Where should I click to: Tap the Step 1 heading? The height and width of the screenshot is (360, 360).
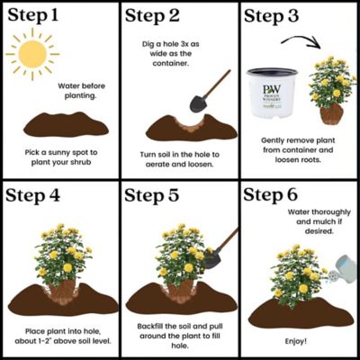click(35, 15)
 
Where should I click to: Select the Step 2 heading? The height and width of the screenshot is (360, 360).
click(155, 15)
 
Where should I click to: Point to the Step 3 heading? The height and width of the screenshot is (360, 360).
click(275, 15)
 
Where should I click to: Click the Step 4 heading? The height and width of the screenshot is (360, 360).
click(35, 195)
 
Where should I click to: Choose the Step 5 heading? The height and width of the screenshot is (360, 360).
click(155, 195)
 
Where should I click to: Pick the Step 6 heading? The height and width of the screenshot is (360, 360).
click(275, 195)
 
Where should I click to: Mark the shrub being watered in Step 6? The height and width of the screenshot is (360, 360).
click(297, 274)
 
